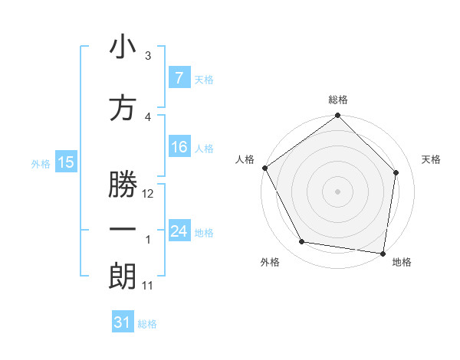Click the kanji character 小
pos(122,47)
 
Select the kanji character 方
pos(122,109)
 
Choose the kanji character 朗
pos(122,276)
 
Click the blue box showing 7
pos(179,78)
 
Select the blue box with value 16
pos(179,147)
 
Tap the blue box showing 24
pos(179,231)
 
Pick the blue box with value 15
pos(65,162)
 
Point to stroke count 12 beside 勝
pos(148,194)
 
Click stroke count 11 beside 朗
pos(147,286)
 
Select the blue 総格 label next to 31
pos(147,324)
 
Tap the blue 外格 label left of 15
pos(40,163)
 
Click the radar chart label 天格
pos(431,159)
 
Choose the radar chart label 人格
pos(244,159)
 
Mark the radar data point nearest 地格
pos(383,253)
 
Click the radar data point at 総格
pos(337,116)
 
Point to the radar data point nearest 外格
pos(302,242)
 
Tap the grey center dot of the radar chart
pos(337,191)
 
